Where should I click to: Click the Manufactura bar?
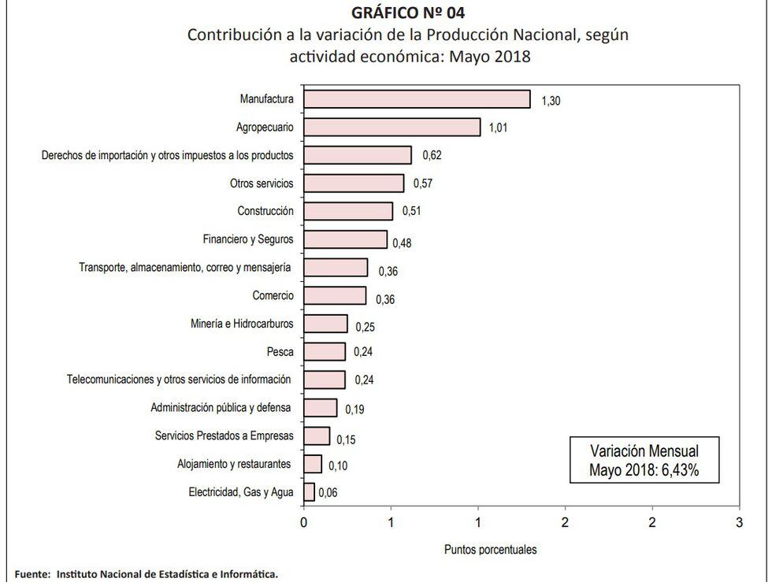pyautogui.click(x=417, y=98)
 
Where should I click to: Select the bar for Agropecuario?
pyautogui.click(x=392, y=127)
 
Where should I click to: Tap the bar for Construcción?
pyautogui.click(x=348, y=211)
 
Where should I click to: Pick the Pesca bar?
pyautogui.click(x=325, y=351)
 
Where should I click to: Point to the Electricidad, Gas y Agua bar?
pyautogui.click(x=309, y=492)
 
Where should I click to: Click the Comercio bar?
pyautogui.click(x=335, y=295)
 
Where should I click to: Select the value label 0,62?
pyautogui.click(x=432, y=155)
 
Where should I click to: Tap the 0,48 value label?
pyautogui.click(x=401, y=243)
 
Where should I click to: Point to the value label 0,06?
pyautogui.click(x=328, y=494)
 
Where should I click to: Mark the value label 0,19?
pyautogui.click(x=354, y=410)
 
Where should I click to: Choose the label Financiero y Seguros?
pyautogui.click(x=248, y=239)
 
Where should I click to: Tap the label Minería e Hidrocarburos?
pyautogui.click(x=242, y=324)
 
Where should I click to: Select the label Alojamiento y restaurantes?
pyautogui.click(x=234, y=464)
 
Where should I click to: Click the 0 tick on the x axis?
pyautogui.click(x=304, y=522)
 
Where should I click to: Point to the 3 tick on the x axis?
pyautogui.click(x=739, y=522)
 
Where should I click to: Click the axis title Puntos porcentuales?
pyautogui.click(x=490, y=549)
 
